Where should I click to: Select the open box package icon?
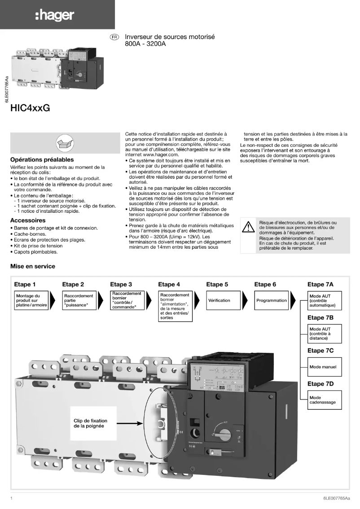coord(62,143)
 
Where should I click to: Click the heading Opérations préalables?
coord(42,160)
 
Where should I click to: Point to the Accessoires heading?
coord(28,220)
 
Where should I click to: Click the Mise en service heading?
coord(33,266)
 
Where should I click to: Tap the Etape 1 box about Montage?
coord(31,301)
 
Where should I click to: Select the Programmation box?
coord(271,301)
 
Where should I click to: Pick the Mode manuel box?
coord(325,367)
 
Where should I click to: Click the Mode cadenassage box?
coord(325,399)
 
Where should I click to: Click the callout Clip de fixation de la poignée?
coord(93,423)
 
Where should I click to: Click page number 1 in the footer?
coord(12,498)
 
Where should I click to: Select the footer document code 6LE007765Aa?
coord(336,498)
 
